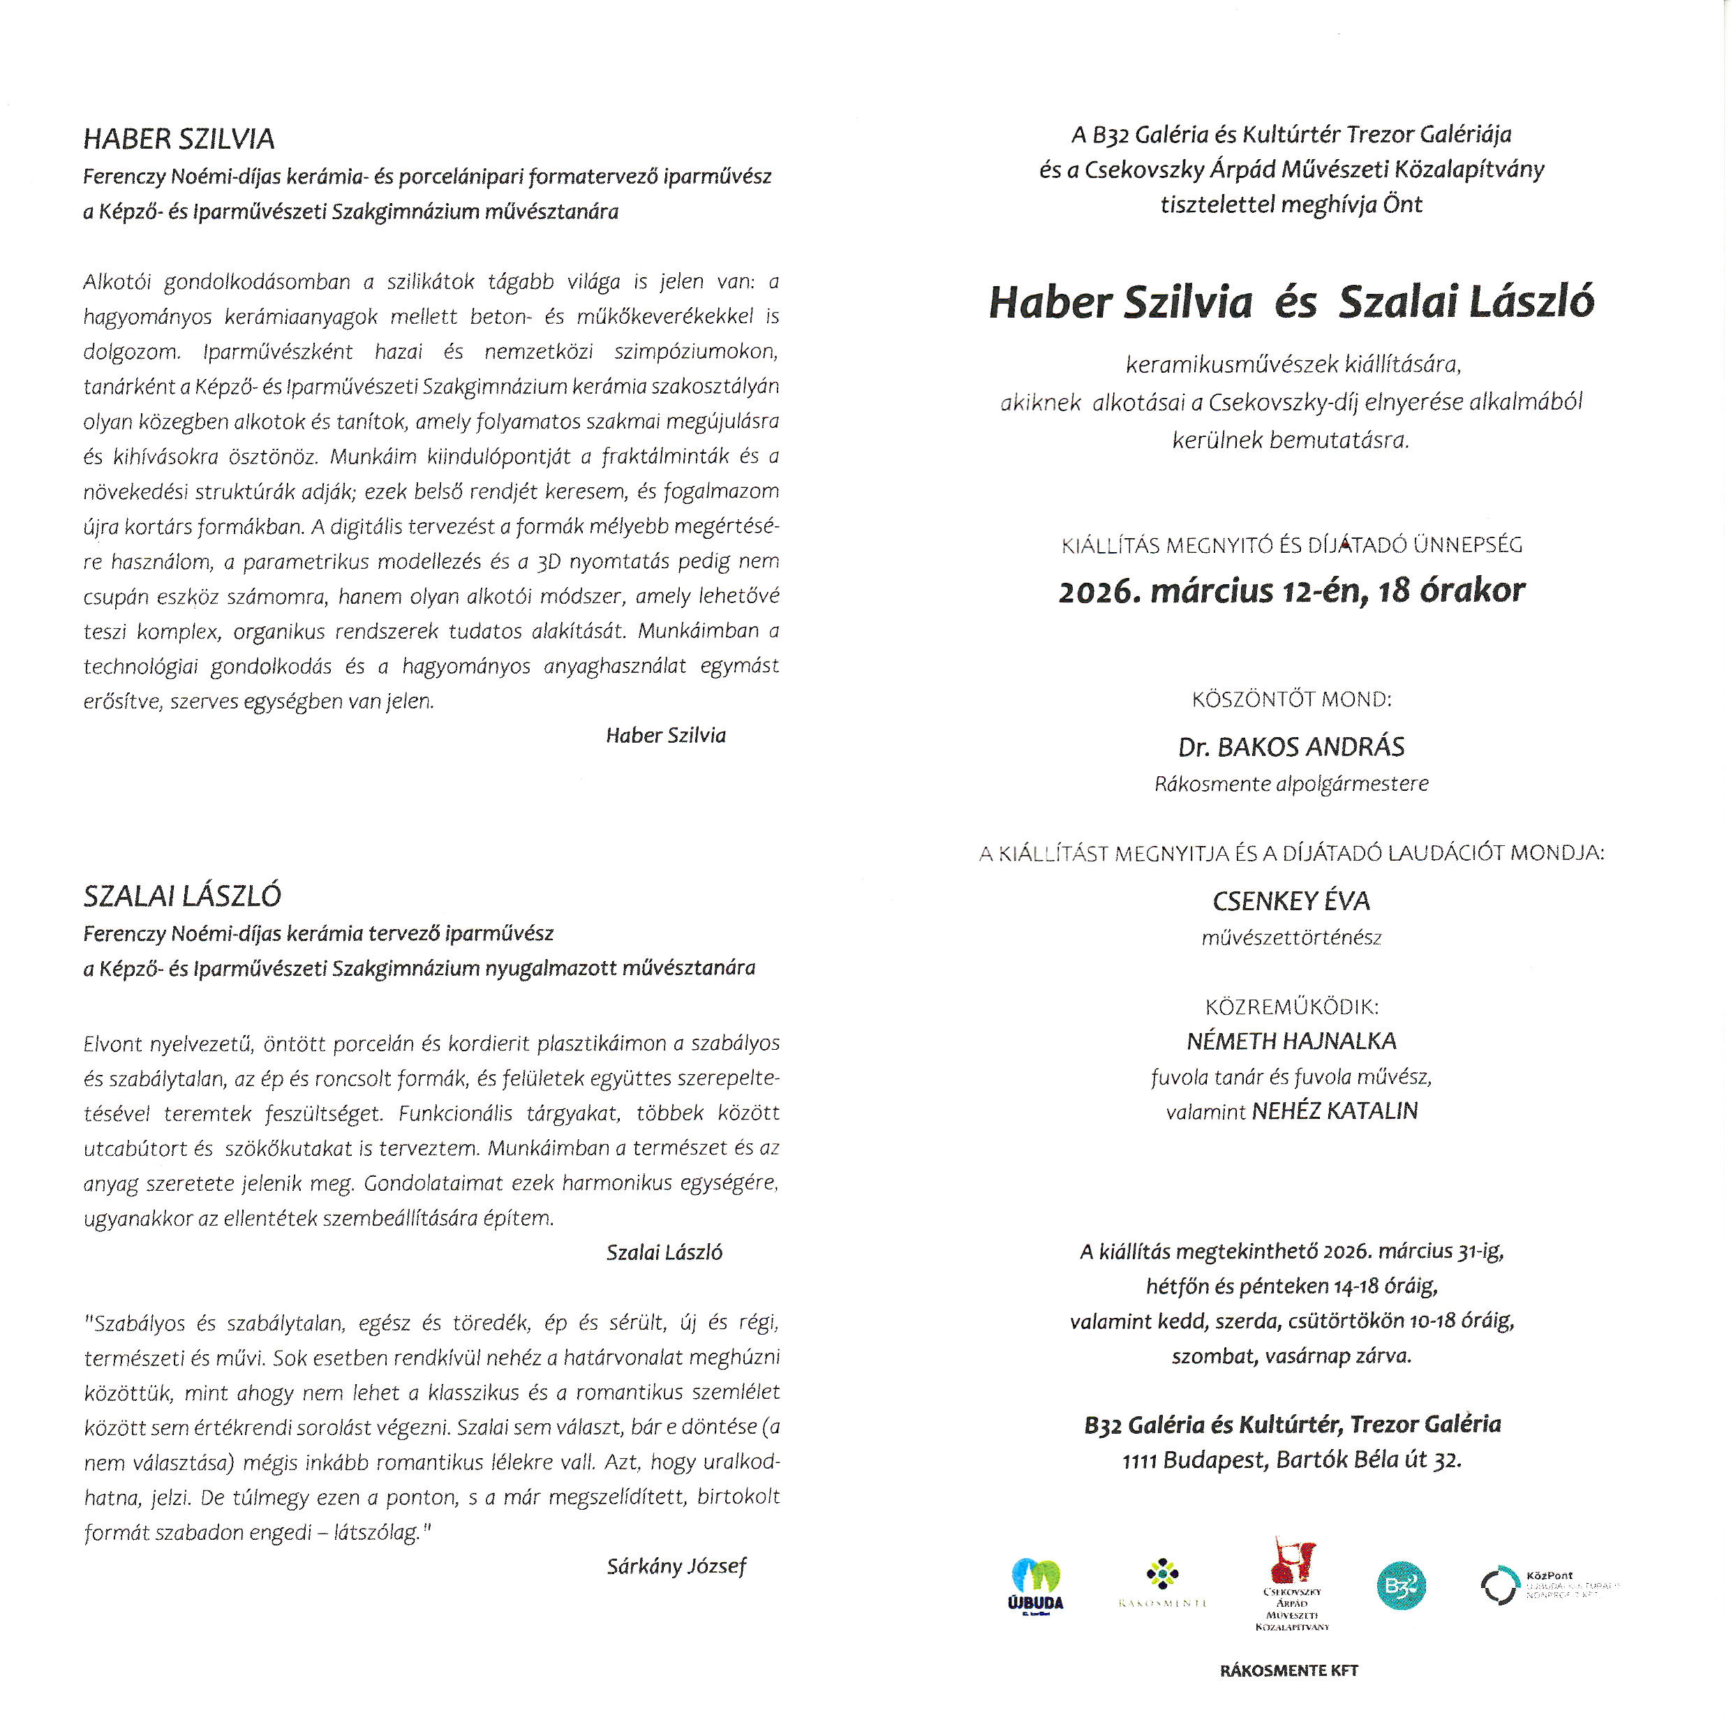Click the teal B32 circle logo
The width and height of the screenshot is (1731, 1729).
1400,1586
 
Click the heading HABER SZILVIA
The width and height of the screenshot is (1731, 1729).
178,139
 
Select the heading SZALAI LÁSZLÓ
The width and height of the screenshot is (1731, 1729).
182,896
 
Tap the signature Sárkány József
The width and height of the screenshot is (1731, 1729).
676,1566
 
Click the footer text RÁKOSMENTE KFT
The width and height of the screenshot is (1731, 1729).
1288,1671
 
